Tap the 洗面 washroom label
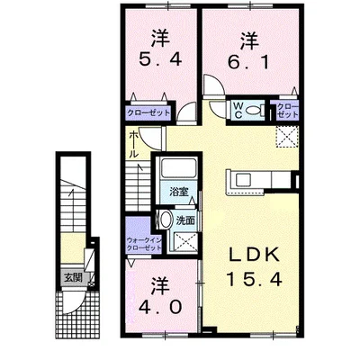tap(185, 219)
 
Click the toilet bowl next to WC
tap(256, 112)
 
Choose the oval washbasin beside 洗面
tap(165, 221)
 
